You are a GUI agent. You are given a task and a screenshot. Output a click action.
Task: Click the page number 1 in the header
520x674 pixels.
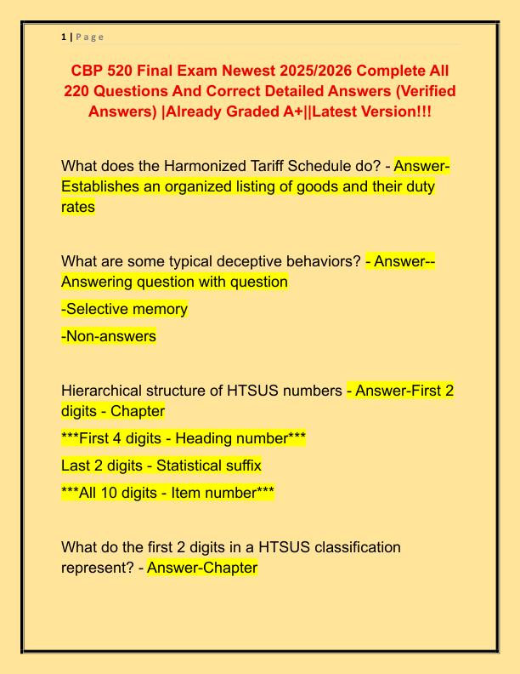64,37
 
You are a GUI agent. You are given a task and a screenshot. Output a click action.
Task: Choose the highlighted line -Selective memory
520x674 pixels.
124,309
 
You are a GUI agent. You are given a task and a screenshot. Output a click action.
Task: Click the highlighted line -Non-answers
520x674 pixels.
109,336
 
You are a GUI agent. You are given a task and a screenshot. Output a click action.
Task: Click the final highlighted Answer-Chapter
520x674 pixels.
202,567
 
